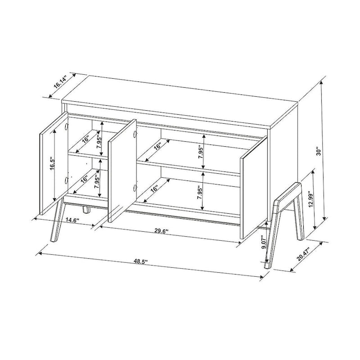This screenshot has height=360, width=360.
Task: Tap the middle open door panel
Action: [122, 171]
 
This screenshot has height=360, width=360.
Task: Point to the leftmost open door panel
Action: [53, 164]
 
